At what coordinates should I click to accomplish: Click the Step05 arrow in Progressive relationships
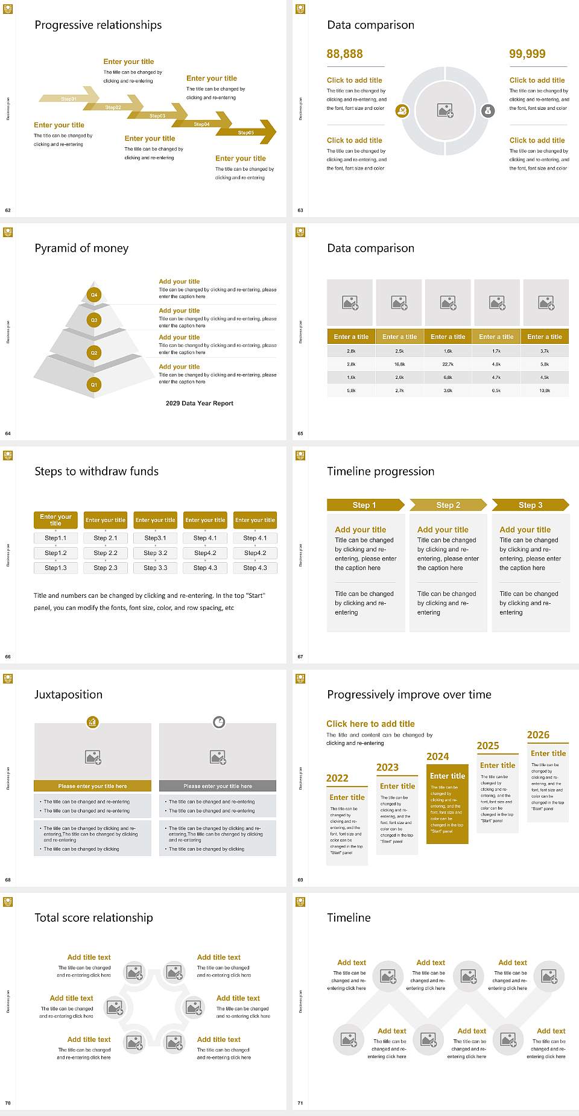pos(247,133)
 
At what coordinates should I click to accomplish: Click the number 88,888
pos(345,54)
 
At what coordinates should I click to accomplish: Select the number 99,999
pos(527,54)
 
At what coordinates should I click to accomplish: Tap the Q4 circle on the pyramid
pos(94,295)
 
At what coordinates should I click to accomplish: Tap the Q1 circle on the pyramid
pos(94,384)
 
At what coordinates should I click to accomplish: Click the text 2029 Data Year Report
pos(200,404)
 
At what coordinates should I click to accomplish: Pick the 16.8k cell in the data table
pos(400,364)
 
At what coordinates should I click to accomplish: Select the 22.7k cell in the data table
pos(448,364)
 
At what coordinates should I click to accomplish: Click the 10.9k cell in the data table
pos(545,391)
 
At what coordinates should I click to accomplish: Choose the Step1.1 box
pos(55,538)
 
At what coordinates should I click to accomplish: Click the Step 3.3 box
pos(156,568)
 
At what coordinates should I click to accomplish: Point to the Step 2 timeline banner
pos(448,505)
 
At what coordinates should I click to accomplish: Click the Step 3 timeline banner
pos(530,505)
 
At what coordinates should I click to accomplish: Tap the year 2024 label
pos(438,757)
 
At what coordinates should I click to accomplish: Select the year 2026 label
pos(538,735)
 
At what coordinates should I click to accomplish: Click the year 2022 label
pos(337,779)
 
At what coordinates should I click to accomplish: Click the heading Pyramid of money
pos(81,249)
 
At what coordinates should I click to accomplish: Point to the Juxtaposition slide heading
pos(68,695)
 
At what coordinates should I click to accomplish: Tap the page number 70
pos(8,1103)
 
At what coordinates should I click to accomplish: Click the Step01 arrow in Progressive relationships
pos(69,98)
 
